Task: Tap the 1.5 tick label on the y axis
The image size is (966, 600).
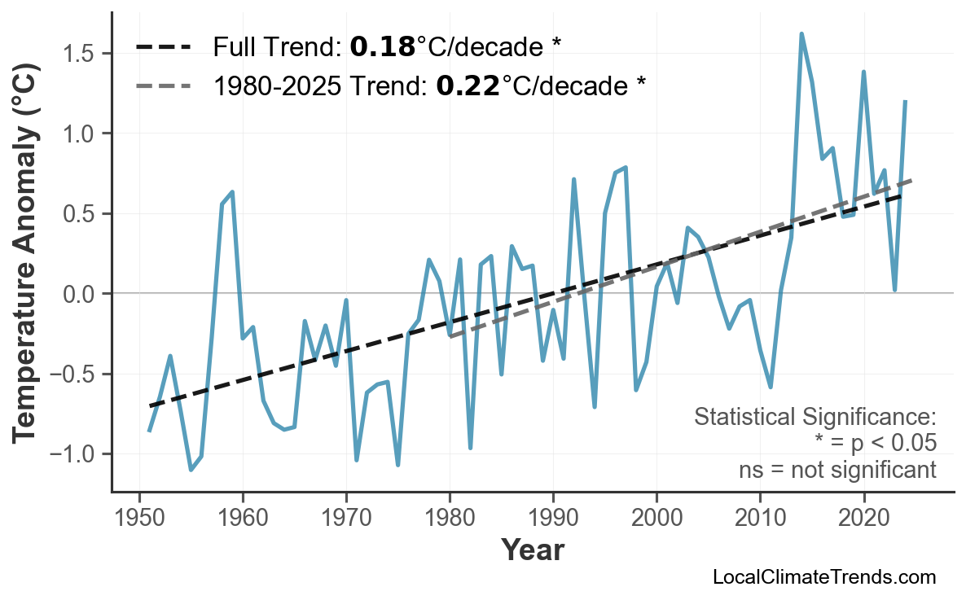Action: point(79,54)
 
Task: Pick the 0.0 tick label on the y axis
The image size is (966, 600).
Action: point(79,293)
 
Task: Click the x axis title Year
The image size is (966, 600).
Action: point(532,550)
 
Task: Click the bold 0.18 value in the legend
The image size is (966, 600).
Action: point(382,47)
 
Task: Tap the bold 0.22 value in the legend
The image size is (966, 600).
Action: point(468,85)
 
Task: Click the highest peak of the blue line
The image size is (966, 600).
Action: point(801,34)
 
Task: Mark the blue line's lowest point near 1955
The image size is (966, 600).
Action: point(191,470)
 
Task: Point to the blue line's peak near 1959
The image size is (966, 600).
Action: point(233,192)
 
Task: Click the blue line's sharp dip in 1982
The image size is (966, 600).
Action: point(471,448)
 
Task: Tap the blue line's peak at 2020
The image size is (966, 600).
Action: point(863,72)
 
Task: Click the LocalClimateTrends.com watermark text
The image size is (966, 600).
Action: point(823,577)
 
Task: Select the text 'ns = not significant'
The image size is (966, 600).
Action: point(837,470)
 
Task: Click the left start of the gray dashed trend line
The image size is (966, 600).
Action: point(450,335)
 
